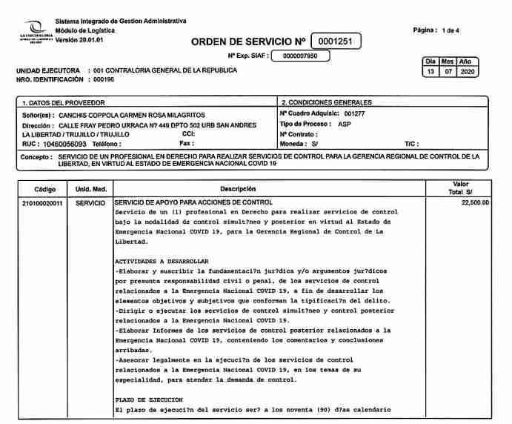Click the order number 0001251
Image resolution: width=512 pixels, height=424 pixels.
point(336,42)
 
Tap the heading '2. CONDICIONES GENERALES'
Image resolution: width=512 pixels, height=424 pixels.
point(327,102)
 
